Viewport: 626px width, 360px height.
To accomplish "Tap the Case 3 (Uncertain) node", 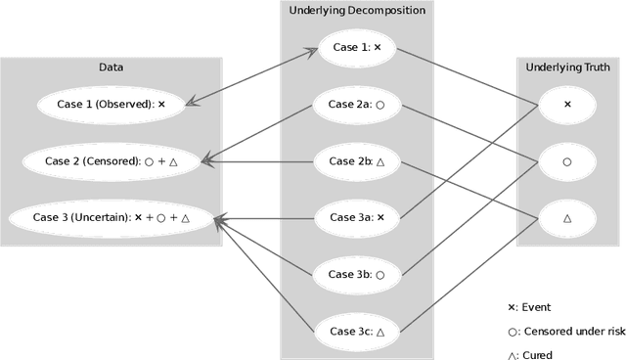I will pos(111,218).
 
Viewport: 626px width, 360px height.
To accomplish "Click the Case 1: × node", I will pos(356,47).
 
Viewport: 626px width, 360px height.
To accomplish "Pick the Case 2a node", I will pos(356,104).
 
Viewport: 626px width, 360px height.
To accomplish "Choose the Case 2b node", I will pos(356,161).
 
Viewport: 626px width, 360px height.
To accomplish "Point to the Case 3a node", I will pos(356,218).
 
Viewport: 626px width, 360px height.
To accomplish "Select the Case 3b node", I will pos(356,275).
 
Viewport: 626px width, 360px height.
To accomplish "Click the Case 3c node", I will pos(356,332).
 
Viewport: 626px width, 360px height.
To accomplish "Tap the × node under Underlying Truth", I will pos(567,104).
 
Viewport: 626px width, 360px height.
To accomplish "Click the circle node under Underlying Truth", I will pos(567,161).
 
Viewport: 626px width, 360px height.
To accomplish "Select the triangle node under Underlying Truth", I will pos(567,218).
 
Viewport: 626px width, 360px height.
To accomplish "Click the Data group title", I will pos(112,67).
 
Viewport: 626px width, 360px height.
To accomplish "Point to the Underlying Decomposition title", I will pos(357,11).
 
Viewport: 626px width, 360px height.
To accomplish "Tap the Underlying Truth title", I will pos(567,67).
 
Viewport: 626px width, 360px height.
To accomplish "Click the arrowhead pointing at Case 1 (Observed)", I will pos(189,102).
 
